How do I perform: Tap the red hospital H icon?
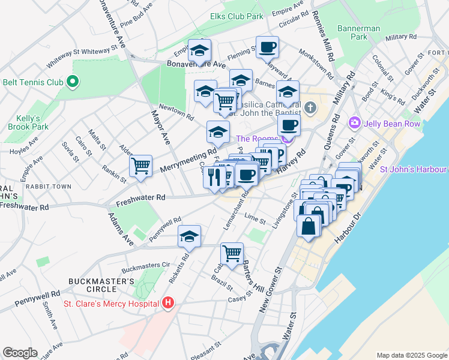169,304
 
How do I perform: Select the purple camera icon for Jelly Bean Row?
354,123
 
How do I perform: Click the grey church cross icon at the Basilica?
310,109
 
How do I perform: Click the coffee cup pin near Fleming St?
268,46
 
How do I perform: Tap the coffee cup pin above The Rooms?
289,125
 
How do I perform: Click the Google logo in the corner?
20,353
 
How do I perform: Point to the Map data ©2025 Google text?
411,355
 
